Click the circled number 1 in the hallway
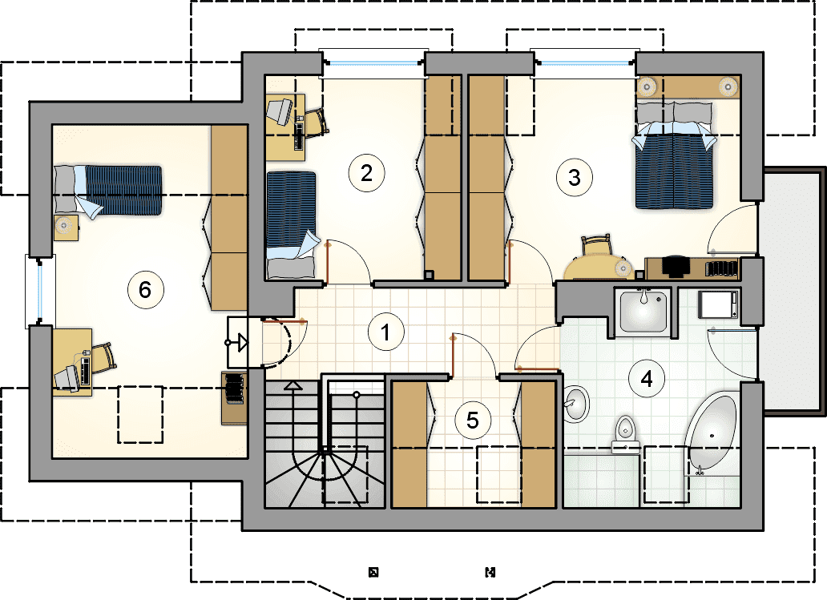pos(386,332)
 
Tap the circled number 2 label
pos(366,172)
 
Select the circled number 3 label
pos(575,177)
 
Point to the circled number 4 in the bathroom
pos(647,378)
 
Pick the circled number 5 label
pos(473,421)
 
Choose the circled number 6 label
pos(146,289)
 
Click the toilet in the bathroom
pos(626,434)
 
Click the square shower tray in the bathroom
pos(643,312)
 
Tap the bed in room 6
pos(107,191)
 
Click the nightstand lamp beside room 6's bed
pos(64,225)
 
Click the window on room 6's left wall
pos(40,291)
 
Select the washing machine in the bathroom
pos(718,304)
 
